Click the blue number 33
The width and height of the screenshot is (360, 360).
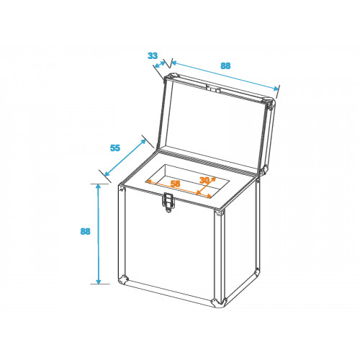153,55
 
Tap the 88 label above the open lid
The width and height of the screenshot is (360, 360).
225,66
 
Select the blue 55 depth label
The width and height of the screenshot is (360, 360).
115,148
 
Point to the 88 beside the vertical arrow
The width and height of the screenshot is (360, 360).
85,231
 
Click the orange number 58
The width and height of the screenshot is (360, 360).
175,184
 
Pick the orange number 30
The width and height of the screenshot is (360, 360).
204,180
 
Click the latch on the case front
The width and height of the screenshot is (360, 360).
169,202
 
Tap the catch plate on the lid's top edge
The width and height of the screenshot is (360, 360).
213,89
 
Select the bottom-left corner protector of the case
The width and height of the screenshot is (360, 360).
123,280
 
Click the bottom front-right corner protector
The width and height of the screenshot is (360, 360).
218,302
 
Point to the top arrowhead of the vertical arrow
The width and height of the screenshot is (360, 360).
98,186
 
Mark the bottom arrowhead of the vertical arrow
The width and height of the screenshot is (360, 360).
99,281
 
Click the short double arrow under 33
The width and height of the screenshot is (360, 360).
160,64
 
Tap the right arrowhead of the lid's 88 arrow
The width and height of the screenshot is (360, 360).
276,89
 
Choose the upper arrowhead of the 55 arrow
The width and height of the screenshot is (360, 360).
143,141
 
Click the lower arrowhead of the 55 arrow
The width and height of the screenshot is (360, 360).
107,174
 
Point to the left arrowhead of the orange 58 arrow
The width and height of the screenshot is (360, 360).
149,181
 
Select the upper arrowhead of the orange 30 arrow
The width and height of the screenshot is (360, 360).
213,179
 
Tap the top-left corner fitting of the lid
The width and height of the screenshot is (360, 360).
171,77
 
